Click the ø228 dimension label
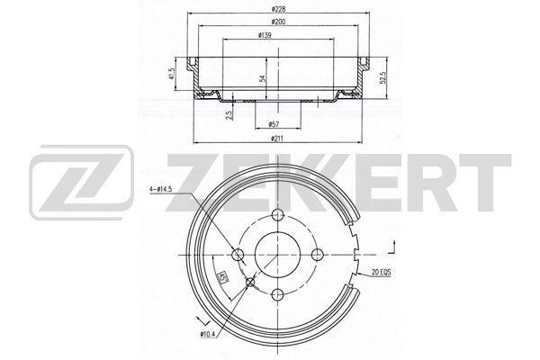click(278, 9)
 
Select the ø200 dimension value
click(278, 22)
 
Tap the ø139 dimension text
click(265, 35)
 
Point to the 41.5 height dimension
click(172, 74)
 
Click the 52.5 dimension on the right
click(385, 78)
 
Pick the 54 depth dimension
click(263, 78)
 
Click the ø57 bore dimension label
click(274, 124)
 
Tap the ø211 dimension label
click(278, 139)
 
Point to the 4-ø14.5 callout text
click(161, 189)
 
